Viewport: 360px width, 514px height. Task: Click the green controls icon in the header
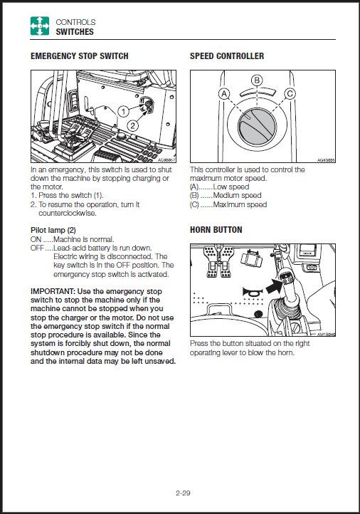coord(40,26)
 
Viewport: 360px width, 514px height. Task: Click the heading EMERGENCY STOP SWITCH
coord(79,56)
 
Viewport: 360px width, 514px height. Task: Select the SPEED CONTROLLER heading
coord(227,56)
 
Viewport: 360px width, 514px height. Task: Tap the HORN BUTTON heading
coord(216,230)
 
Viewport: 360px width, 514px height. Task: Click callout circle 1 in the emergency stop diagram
coord(124,112)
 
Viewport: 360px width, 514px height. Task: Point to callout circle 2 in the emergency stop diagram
coord(132,125)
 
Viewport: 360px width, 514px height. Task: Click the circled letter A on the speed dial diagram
coord(224,94)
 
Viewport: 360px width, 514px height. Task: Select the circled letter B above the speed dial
coord(257,80)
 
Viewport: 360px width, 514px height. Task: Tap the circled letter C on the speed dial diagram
coord(290,94)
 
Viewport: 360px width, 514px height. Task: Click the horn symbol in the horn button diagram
coord(253,291)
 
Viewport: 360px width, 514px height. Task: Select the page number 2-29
coord(183,493)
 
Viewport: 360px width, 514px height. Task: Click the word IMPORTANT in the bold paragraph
coord(53,291)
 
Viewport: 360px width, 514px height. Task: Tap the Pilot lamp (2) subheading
coord(53,230)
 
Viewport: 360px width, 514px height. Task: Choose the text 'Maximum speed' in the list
coord(240,204)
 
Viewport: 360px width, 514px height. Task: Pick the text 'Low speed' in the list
coord(231,187)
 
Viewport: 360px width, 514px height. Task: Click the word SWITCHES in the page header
coord(75,32)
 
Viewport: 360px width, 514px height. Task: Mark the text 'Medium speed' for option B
coord(237,195)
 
